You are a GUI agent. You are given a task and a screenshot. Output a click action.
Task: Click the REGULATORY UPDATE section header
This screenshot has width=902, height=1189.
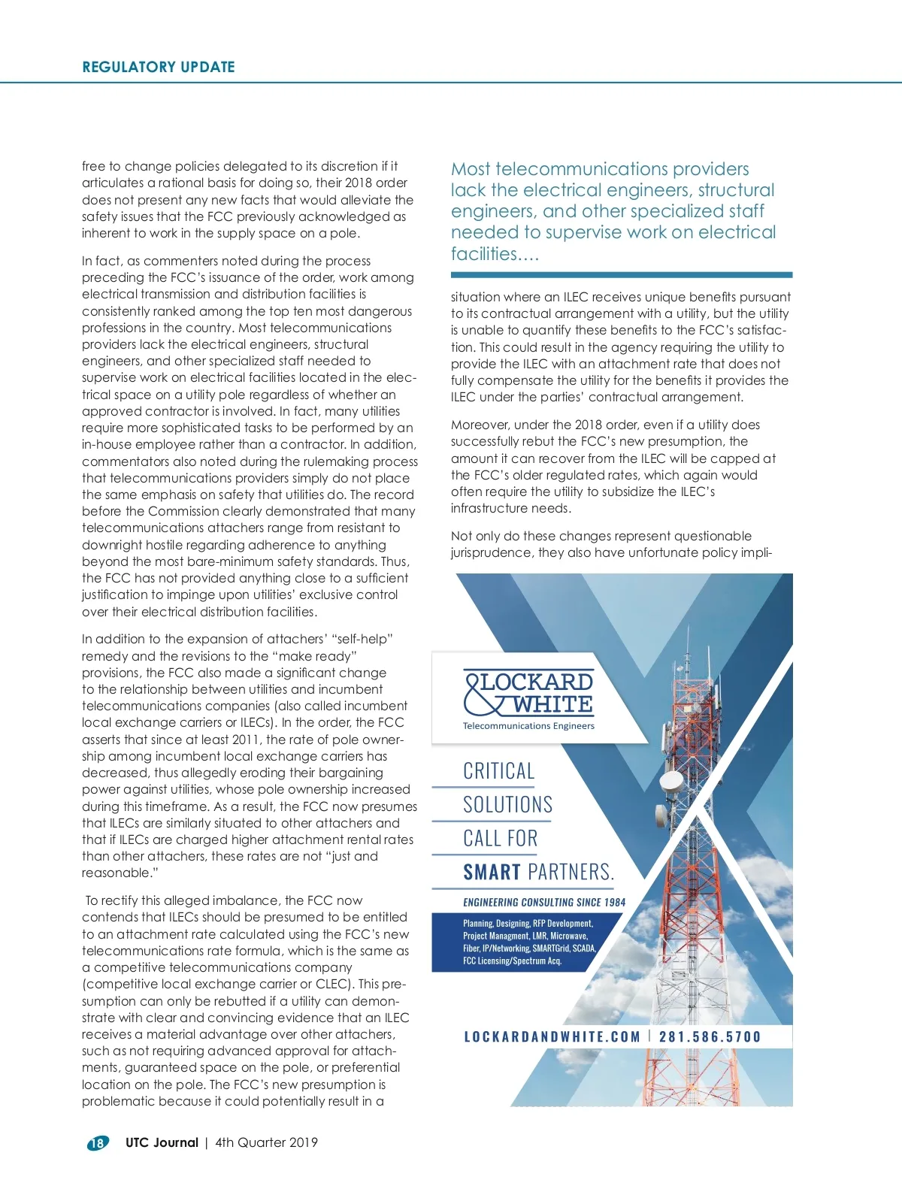[x=159, y=67]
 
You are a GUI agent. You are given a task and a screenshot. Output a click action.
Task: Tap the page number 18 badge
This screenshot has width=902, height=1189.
[x=98, y=1143]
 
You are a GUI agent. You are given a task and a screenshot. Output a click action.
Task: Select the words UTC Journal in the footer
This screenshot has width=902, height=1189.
[x=162, y=1142]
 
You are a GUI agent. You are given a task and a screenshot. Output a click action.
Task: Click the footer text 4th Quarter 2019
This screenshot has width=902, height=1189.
[x=266, y=1142]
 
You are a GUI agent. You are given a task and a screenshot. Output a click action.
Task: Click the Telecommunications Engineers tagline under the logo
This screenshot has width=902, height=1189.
[x=528, y=726]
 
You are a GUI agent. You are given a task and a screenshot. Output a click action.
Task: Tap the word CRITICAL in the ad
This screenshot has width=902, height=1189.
[x=499, y=771]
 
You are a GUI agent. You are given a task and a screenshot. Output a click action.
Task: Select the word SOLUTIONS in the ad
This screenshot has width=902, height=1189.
[x=507, y=805]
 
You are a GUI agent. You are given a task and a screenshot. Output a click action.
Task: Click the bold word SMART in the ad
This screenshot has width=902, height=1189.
[x=492, y=873]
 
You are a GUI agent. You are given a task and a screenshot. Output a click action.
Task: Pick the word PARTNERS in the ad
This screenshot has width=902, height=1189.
[x=571, y=873]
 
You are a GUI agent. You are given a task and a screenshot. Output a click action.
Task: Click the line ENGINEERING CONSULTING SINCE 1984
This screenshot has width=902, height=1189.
[x=544, y=902]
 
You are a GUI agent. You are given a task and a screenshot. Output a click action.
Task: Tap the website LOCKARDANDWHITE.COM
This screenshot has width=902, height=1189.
[x=552, y=1037]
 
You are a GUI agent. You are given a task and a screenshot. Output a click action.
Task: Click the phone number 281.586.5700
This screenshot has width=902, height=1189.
[x=710, y=1037]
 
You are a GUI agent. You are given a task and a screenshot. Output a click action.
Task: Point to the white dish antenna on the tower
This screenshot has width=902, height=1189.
[x=671, y=782]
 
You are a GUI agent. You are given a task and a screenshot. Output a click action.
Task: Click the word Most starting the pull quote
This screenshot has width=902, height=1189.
[x=471, y=169]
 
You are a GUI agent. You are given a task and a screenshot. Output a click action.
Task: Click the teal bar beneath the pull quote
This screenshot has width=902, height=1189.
[x=621, y=275]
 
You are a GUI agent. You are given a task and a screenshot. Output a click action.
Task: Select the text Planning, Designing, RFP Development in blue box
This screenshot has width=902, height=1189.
[x=528, y=923]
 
